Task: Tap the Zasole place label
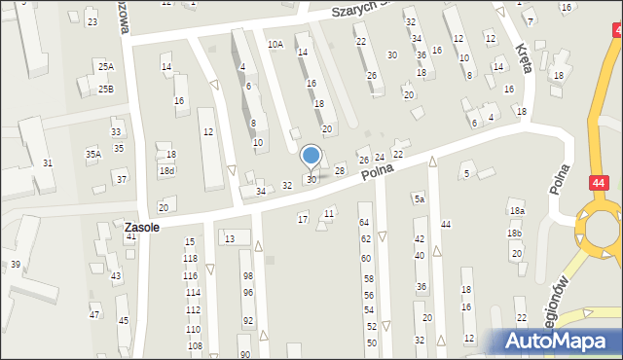coord(142,227)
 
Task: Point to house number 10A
coord(275,44)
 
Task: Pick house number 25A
coord(105,66)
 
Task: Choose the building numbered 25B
coord(105,90)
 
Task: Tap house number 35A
coord(92,154)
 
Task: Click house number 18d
coord(167,170)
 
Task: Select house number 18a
coord(516,211)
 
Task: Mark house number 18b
coord(514,234)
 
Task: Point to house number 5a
coord(419,199)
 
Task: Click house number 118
coord(190,258)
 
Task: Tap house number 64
coord(365,223)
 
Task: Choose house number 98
coord(248,276)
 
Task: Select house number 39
coord(15,265)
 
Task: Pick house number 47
coord(94,314)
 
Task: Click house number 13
coord(230,238)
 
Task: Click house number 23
coord(92,21)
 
